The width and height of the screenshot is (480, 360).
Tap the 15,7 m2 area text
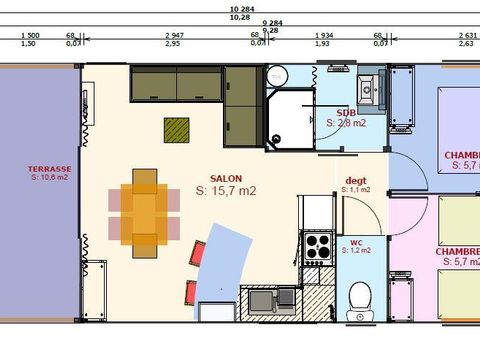226,190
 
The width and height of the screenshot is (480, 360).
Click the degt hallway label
355,180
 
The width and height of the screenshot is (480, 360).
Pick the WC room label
356,242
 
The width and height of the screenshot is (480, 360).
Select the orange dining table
145,211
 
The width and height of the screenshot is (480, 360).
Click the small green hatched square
177,129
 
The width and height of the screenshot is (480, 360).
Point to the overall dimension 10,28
240,17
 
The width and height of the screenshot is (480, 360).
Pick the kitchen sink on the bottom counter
262,299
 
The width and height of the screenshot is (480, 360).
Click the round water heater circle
277,74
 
